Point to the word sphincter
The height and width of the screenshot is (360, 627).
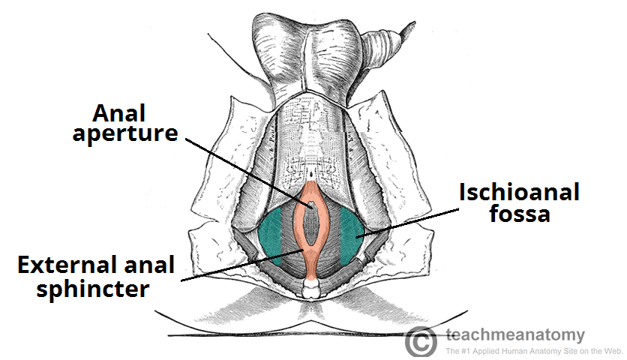click(x=84, y=289)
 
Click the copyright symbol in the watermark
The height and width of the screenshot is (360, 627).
click(x=421, y=341)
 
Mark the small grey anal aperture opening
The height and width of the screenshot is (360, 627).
click(x=310, y=204)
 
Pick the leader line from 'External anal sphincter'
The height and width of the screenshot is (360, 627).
click(x=232, y=266)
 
